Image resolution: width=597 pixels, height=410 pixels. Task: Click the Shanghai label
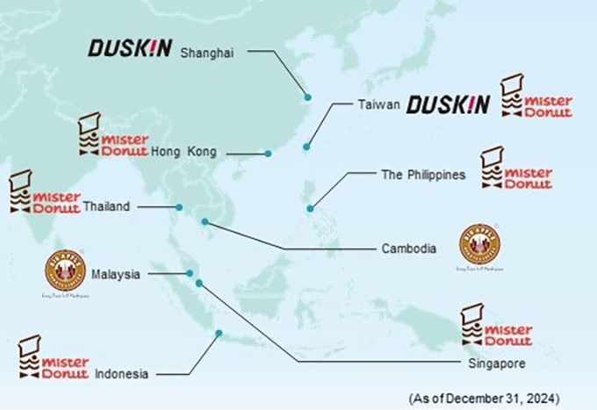point(208,53)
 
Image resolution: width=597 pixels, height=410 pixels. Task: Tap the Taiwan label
point(378,104)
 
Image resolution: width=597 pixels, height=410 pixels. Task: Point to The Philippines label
point(422,175)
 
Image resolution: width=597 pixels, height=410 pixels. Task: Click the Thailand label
point(107,207)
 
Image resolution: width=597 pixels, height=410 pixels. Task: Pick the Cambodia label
point(408,249)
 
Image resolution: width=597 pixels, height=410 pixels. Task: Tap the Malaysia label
point(116,275)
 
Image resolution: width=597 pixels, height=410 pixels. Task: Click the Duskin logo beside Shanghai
point(130,48)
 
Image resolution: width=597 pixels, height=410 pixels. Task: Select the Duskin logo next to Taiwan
point(448,104)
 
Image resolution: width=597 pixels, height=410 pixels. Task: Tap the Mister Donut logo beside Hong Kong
point(111,135)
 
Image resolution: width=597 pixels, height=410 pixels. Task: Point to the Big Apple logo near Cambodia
point(479,247)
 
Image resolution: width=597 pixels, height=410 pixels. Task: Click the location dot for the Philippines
point(311,209)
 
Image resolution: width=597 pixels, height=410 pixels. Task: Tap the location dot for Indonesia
point(219,333)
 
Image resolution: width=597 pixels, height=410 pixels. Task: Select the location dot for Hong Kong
point(269,154)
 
